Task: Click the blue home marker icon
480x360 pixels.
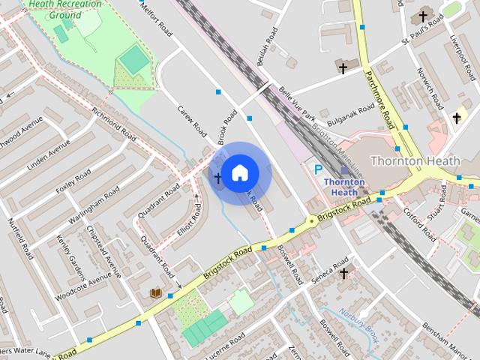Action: [x=239, y=172]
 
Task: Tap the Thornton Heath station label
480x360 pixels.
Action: [x=344, y=187]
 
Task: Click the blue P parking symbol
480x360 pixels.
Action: [x=319, y=171]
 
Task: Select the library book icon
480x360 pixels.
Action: [x=156, y=292]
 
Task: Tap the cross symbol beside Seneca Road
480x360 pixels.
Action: [x=343, y=274]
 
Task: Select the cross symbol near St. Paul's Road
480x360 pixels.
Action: [x=423, y=16]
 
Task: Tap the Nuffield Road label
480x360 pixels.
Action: [x=20, y=238]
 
